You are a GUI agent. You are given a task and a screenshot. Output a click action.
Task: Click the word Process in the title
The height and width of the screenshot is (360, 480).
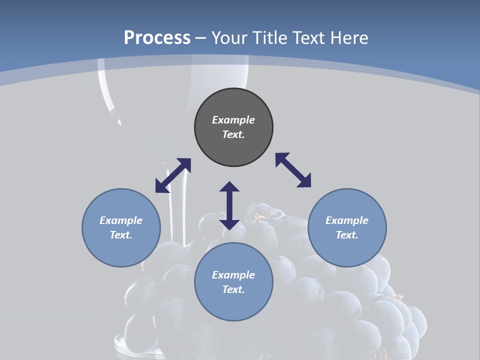point(157,37)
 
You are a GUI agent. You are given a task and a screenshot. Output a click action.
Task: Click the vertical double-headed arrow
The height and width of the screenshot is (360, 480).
point(229,205)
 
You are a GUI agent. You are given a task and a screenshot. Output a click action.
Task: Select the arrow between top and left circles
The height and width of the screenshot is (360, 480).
point(173,175)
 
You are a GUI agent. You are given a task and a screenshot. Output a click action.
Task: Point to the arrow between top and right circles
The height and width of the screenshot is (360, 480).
point(293,170)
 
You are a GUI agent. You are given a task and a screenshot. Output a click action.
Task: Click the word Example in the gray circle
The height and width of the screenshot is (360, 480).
point(233,120)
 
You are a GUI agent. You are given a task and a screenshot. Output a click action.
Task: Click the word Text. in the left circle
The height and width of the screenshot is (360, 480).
point(121,235)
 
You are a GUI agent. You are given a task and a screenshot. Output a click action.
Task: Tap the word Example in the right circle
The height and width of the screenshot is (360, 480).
point(347,220)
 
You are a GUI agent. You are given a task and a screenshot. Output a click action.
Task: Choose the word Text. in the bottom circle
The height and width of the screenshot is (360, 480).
point(233,289)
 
